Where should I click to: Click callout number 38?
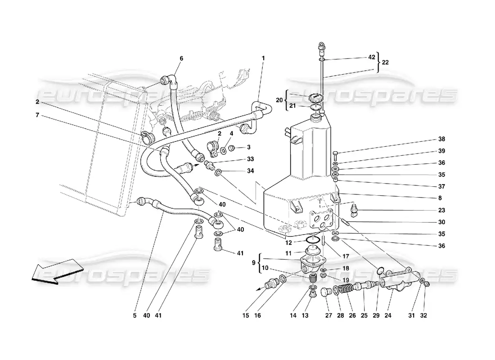click(x=441, y=139)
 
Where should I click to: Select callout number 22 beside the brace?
click(x=385, y=63)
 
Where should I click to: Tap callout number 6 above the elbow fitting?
click(x=181, y=58)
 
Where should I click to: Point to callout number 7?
click(x=37, y=115)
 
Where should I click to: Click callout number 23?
click(x=441, y=210)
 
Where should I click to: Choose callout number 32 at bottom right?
click(x=423, y=315)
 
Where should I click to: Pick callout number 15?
click(x=246, y=315)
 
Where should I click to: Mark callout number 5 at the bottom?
click(x=135, y=315)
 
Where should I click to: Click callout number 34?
click(x=250, y=171)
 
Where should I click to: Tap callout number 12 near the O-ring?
click(x=288, y=243)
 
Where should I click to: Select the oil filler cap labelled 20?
click(x=315, y=98)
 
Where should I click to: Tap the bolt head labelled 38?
click(x=336, y=154)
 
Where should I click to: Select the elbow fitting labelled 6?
click(x=170, y=81)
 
